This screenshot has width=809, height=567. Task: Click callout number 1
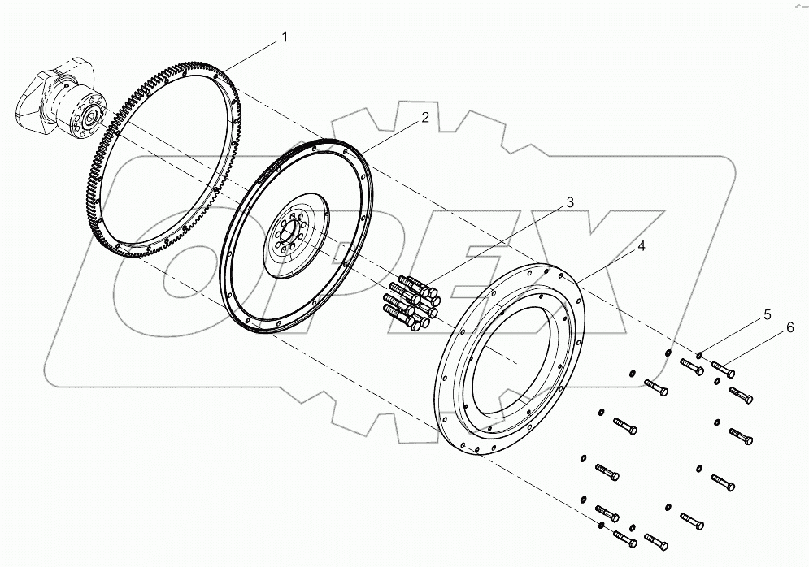tap(284, 37)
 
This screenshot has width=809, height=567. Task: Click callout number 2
tap(425, 118)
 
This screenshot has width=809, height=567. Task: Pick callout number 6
tap(788, 327)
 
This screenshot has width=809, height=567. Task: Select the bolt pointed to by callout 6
tap(723, 370)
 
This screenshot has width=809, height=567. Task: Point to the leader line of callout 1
tap(252, 54)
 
